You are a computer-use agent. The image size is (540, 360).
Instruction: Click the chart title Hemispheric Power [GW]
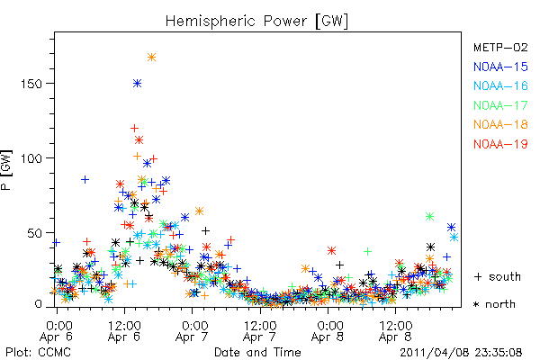pos(256,21)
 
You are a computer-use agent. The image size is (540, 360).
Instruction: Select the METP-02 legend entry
pos(500,47)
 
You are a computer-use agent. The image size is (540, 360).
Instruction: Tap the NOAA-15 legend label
pos(500,67)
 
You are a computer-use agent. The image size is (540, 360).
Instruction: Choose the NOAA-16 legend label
pos(500,85)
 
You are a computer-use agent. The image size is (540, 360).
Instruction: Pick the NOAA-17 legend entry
pos(500,105)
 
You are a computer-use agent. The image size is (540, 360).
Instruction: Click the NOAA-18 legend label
pos(500,124)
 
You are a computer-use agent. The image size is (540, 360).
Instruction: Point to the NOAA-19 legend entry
pos(500,144)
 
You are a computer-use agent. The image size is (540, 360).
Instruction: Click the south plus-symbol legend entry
pos(498,276)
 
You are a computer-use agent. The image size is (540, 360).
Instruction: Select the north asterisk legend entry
pos(494,304)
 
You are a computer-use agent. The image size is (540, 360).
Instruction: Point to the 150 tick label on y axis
pos(31,84)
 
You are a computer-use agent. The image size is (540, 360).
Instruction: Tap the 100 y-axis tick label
pos(31,158)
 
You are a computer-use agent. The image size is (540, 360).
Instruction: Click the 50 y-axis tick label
pos(35,233)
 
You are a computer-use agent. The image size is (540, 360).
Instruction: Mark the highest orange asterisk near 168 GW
pos(151,58)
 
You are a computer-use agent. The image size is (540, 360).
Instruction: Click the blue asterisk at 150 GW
pos(137,84)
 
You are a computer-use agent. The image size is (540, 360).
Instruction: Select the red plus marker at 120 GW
pos(134,129)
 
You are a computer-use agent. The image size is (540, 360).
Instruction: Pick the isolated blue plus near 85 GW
pos(85,179)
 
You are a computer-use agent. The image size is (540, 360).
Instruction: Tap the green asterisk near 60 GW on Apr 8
pos(429,216)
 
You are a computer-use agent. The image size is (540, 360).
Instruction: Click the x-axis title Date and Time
pos(257,352)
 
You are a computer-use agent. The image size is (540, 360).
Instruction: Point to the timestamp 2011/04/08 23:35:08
pos(461,353)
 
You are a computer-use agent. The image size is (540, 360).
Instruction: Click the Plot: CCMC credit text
pos(38,352)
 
